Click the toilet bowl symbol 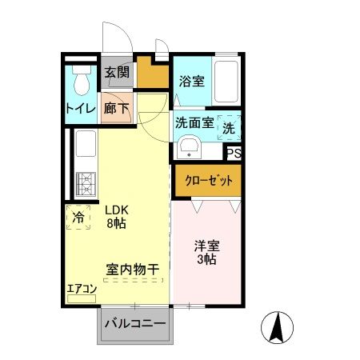pos(80,81)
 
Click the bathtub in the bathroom pos(227,82)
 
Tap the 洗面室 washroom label pos(194,123)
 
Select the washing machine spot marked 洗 pos(228,126)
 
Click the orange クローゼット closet pos(207,179)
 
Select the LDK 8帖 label pos(117,216)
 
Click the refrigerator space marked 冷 pos(78,217)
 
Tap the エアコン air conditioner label pos(82,290)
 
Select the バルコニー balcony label pos(135,323)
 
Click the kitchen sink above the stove pos(84,149)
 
